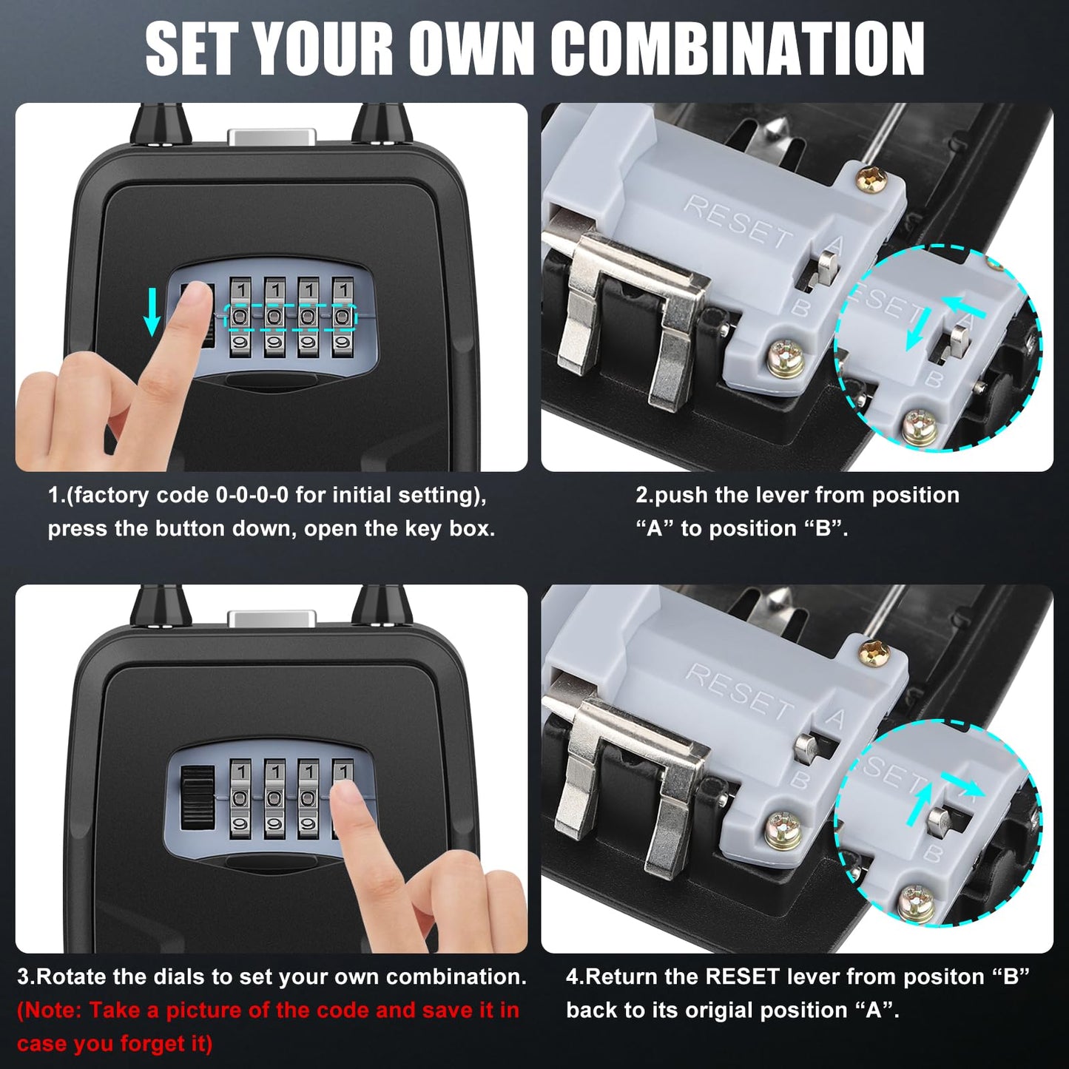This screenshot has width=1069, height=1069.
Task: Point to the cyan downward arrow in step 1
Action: click(x=152, y=311)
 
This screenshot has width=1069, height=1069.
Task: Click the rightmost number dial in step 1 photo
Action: click(x=343, y=317)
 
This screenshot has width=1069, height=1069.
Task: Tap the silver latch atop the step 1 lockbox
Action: click(x=272, y=138)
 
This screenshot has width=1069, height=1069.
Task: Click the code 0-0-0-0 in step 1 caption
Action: click(x=252, y=495)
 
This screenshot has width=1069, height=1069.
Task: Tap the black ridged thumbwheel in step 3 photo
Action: click(x=198, y=797)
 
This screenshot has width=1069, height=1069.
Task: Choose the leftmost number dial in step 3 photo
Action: click(x=240, y=797)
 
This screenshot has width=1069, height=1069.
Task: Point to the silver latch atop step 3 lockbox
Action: click(x=272, y=620)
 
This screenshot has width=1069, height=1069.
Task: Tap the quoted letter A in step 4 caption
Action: click(x=874, y=1011)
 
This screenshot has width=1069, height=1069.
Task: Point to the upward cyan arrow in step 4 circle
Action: click(x=918, y=804)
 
